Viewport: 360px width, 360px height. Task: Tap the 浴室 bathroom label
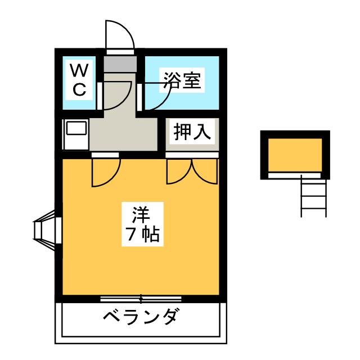pyautogui.click(x=181, y=80)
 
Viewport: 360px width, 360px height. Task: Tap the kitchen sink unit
pyautogui.click(x=75, y=134)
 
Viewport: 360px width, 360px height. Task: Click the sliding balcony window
pyautogui.click(x=141, y=298)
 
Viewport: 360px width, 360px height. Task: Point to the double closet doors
pyautogui.click(x=192, y=170)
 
